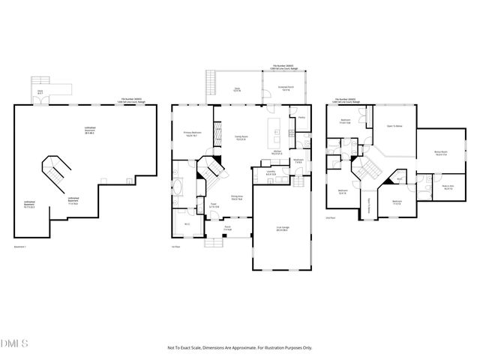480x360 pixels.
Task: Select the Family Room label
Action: (x=241, y=137)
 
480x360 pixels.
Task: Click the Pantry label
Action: (x=301, y=118)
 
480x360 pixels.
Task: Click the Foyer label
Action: (x=212, y=205)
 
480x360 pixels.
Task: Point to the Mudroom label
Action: (x=298, y=160)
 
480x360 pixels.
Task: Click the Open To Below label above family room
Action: (x=395, y=127)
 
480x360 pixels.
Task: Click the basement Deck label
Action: (x=40, y=92)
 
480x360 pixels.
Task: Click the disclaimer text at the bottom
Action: (x=239, y=348)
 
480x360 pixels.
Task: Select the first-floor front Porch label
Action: (x=227, y=229)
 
